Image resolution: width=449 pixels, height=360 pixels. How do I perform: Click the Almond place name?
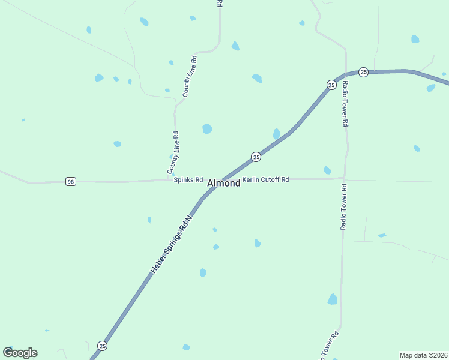click(224, 183)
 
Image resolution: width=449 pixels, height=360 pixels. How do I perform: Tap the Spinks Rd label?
click(188, 180)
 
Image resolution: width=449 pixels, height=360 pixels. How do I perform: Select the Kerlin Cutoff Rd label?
click(265, 179)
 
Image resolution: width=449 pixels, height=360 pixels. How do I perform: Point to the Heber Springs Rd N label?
click(170, 244)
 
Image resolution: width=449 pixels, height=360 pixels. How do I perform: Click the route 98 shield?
click(71, 182)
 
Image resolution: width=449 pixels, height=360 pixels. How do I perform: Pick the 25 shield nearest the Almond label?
click(256, 157)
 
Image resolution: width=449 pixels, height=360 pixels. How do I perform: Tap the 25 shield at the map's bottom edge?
click(103, 346)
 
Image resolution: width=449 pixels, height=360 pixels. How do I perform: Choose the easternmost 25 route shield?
click(363, 72)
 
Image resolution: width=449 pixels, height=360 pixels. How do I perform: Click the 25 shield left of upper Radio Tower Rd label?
click(331, 85)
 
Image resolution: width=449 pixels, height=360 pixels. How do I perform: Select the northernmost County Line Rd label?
click(190, 76)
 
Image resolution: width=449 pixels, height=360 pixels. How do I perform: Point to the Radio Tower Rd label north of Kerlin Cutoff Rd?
click(345, 103)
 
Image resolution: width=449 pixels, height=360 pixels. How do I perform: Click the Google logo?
click(20, 353)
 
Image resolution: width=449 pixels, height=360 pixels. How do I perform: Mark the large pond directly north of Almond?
click(207, 128)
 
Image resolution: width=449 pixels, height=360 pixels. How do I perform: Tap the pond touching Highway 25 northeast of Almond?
click(276, 134)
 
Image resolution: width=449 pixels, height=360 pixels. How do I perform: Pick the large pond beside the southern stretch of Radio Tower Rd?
click(333, 299)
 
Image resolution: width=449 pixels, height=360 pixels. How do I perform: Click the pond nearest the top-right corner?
click(415, 39)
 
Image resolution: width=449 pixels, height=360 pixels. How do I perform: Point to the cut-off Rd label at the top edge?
click(220, 3)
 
